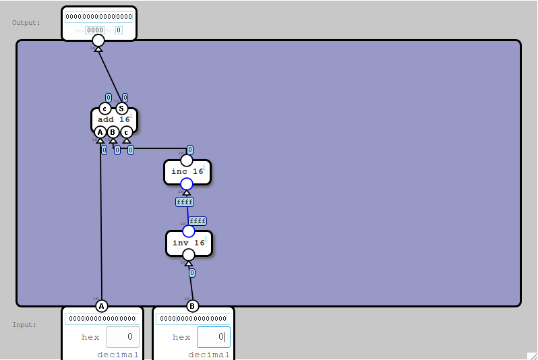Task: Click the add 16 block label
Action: pos(114,120)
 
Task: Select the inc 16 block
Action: pos(179,171)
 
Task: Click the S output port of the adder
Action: pos(121,109)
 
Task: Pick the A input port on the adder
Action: pos(100,132)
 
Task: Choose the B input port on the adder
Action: pos(113,132)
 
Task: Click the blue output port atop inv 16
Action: pos(189,231)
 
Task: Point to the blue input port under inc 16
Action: pos(187,184)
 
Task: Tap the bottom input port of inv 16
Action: pos(189,255)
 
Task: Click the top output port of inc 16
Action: pos(187,160)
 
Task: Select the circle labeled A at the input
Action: pos(102,306)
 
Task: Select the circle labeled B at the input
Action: pos(192,306)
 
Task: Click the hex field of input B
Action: pos(213,336)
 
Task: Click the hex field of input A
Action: pos(122,336)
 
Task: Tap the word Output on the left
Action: pos(26,23)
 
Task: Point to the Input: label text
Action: pos(24,325)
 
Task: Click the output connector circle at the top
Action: pos(98,40)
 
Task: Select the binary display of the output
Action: pos(99,16)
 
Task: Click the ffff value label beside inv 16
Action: pos(198,221)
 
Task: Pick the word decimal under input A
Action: pos(118,355)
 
